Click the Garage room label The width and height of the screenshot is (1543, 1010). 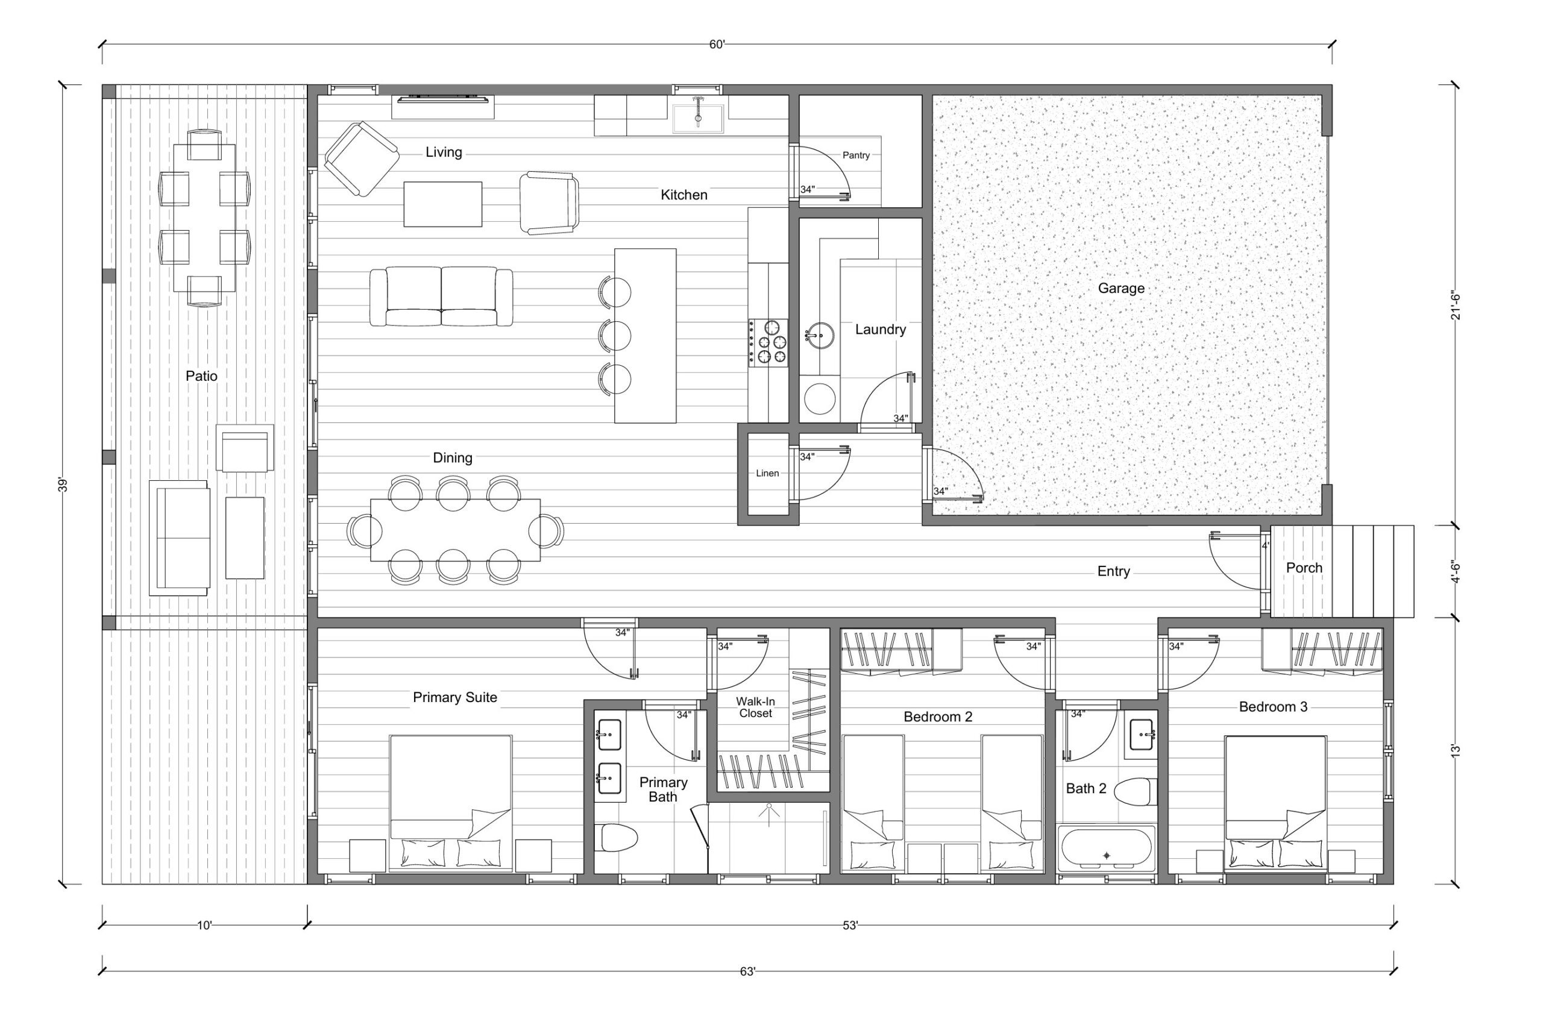[x=1121, y=289]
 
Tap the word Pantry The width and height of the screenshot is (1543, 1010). [x=856, y=155]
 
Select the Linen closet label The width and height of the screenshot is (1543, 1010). [x=767, y=473]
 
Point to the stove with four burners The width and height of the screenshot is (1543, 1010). [x=769, y=342]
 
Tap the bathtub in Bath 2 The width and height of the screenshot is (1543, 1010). [x=1106, y=849]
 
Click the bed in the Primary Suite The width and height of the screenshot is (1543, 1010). [x=451, y=803]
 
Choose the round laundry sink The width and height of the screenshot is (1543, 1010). [x=821, y=334]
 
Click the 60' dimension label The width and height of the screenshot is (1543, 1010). [x=717, y=45]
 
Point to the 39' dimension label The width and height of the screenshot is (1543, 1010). [x=63, y=485]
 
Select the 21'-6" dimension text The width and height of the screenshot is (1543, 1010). [x=1456, y=307]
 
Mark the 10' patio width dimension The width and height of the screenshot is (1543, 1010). [x=204, y=926]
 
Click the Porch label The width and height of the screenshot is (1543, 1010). [x=1304, y=568]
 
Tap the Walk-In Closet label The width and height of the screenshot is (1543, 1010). [x=755, y=707]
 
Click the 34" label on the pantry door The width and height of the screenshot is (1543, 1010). [x=807, y=190]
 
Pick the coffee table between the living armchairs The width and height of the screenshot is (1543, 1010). [x=443, y=204]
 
